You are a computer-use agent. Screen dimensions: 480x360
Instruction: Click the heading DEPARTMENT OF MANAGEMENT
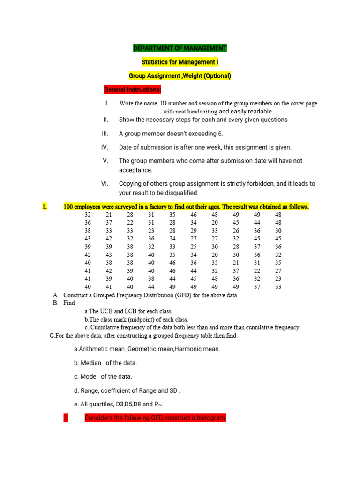point(180,48)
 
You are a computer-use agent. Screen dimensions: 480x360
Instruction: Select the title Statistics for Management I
point(180,62)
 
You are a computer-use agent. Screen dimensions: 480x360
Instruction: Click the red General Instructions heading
point(133,89)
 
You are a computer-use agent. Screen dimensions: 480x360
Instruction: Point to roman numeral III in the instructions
point(105,134)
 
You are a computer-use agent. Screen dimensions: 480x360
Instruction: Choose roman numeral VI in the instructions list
point(105,184)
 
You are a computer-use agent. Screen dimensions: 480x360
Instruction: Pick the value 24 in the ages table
point(172,238)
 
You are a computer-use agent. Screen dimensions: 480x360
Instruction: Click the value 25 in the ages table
point(194,247)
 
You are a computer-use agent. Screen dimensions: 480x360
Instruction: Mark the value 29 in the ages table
point(194,231)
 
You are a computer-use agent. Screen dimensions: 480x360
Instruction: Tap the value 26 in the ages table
point(236,231)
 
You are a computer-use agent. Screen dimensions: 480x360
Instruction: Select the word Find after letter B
point(69,303)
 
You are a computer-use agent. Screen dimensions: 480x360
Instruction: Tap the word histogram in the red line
point(210,418)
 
